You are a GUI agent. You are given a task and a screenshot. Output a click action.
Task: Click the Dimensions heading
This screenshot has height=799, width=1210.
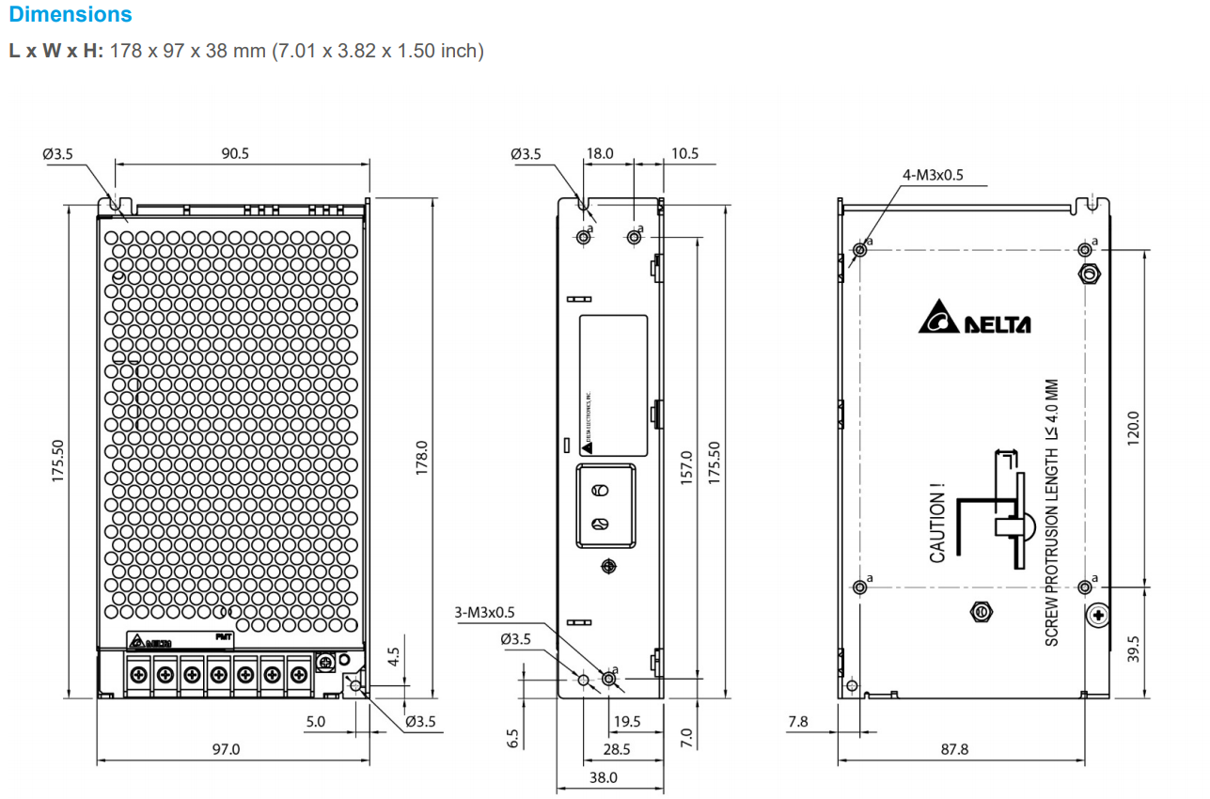coord(71,15)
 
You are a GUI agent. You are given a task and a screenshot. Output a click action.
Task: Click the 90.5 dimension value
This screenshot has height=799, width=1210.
coord(235,154)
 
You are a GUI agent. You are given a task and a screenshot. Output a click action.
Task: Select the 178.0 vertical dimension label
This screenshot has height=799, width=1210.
coord(422,457)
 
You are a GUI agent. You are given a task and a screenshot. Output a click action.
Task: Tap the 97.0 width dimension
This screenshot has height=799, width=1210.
coord(226,749)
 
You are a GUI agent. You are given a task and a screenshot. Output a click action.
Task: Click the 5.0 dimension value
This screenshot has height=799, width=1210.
coord(315,722)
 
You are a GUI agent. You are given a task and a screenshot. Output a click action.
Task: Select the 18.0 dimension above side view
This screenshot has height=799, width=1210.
coord(600,154)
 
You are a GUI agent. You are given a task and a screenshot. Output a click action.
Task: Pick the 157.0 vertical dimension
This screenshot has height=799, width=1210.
coord(686,467)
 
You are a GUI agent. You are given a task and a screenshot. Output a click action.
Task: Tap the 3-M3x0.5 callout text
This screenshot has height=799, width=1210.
coord(484,613)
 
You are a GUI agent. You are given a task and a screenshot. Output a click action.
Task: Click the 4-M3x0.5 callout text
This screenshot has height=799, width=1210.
coord(933,175)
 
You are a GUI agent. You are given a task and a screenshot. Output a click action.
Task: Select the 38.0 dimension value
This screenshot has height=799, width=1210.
coord(603,777)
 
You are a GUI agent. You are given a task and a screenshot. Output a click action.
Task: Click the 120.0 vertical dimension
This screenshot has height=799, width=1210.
coord(1133,428)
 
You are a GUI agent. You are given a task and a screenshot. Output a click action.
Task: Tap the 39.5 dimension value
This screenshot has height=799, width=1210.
coord(1133,649)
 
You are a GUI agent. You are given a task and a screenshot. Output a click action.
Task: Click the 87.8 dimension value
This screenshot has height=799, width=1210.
coord(953,749)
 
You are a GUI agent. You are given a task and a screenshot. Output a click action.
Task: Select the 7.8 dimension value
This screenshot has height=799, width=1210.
coord(796,722)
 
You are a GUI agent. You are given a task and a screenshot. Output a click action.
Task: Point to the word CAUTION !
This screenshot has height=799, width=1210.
coord(937,525)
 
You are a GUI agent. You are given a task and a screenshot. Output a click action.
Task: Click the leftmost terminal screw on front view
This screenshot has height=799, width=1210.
coord(138,674)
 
